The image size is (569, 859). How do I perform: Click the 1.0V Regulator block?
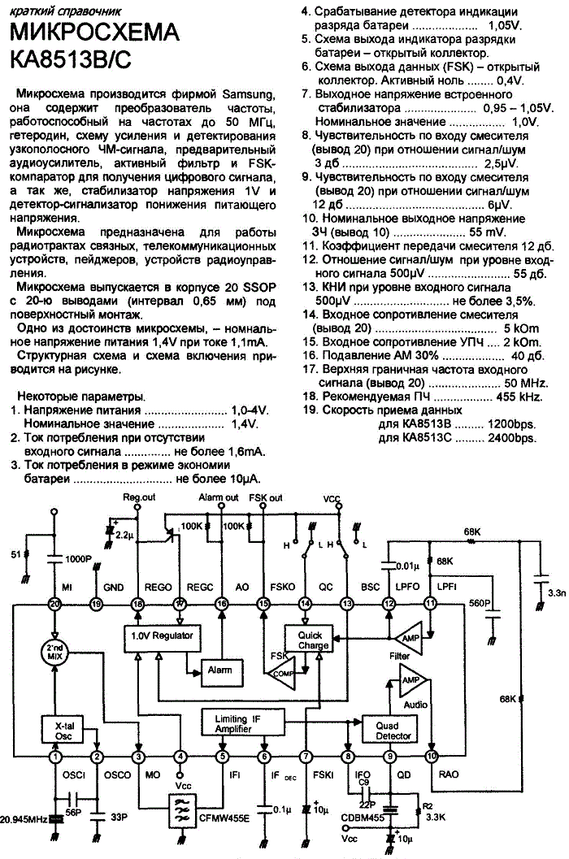click(162, 638)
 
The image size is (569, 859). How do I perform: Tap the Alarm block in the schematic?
click(219, 670)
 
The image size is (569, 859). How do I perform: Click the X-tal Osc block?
click(64, 731)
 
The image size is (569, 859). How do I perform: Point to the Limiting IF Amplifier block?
click(243, 723)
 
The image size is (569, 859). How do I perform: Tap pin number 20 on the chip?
click(54, 605)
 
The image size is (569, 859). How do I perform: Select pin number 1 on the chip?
click(54, 757)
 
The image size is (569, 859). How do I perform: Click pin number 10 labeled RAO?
click(432, 757)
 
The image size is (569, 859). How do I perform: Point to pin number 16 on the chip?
click(221, 605)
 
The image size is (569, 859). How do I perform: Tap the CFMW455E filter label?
click(224, 818)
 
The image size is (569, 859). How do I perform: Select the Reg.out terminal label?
click(139, 497)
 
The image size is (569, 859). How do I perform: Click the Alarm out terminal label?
click(218, 497)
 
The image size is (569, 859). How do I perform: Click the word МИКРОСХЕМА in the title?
click(94, 33)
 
